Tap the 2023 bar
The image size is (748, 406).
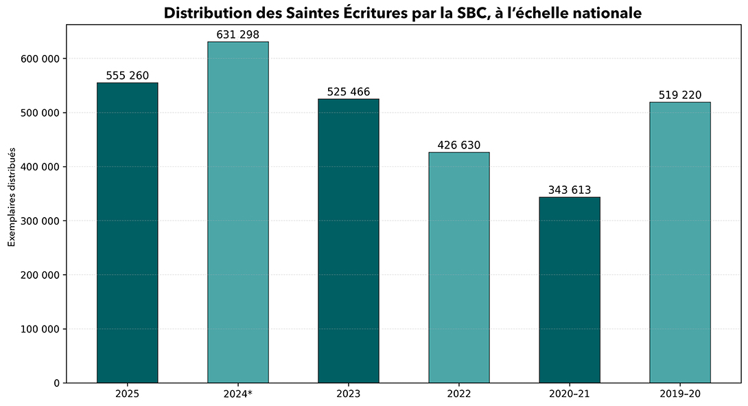(x=349, y=240)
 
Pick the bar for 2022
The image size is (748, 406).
(x=459, y=267)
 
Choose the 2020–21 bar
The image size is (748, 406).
(x=570, y=289)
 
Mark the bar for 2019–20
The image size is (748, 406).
(x=680, y=242)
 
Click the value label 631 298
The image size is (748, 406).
(x=238, y=35)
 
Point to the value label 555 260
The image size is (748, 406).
(x=127, y=76)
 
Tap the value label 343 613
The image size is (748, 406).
(x=570, y=190)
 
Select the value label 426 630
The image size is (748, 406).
(x=459, y=146)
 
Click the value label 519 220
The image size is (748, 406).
(x=680, y=95)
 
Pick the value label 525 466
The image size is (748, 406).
(x=349, y=92)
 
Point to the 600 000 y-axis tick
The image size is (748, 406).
(x=43, y=59)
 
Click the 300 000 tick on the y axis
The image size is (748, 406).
(x=43, y=221)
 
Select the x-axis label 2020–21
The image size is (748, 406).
(x=570, y=394)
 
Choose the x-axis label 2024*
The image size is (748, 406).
(x=238, y=394)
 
